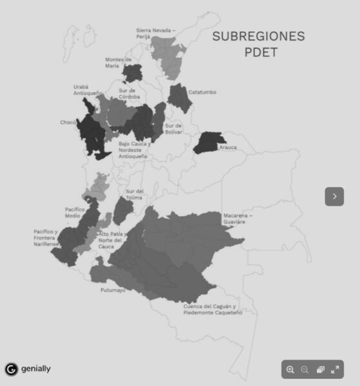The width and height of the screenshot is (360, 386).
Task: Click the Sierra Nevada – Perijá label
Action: point(155,33)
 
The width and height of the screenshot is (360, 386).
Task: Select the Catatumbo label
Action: point(202,93)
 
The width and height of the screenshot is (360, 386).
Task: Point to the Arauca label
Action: point(228,147)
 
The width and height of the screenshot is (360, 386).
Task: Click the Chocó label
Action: point(68,122)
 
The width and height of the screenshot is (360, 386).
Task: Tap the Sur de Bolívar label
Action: point(173,129)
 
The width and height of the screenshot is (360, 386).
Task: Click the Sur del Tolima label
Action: point(135,194)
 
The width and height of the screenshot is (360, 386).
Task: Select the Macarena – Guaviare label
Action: point(238,218)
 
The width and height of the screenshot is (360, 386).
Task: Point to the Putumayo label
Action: point(113,291)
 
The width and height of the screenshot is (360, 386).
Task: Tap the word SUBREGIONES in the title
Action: point(258,36)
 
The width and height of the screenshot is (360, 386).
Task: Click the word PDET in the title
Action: point(261,52)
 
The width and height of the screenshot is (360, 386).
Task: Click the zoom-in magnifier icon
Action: point(290,369)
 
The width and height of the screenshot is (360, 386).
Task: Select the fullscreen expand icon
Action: point(335,369)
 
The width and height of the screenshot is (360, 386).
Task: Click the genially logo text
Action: point(36,369)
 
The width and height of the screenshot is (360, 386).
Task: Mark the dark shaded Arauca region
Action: point(210,142)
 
